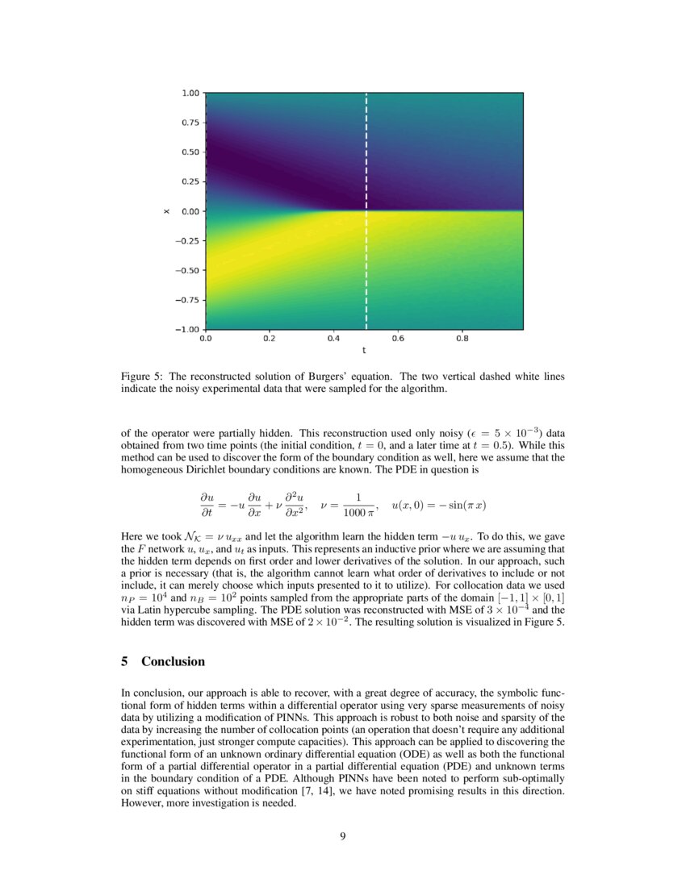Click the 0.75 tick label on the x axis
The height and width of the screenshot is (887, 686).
191,123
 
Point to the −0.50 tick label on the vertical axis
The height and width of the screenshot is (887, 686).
188,270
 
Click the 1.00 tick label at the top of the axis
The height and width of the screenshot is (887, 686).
191,93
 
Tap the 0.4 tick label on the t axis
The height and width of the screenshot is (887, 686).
333,339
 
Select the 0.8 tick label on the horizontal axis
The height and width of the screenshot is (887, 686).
462,339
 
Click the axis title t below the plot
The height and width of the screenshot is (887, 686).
364,351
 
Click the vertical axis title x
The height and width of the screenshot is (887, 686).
166,211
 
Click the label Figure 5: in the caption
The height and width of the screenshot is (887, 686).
141,377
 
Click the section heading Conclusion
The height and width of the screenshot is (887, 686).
173,661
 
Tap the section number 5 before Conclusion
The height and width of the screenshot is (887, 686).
124,661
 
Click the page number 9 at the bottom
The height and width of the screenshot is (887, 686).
343,836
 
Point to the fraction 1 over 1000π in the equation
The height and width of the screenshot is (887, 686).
357,505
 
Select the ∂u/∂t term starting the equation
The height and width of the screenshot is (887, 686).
211,505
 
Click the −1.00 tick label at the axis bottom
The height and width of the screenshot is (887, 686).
188,329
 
